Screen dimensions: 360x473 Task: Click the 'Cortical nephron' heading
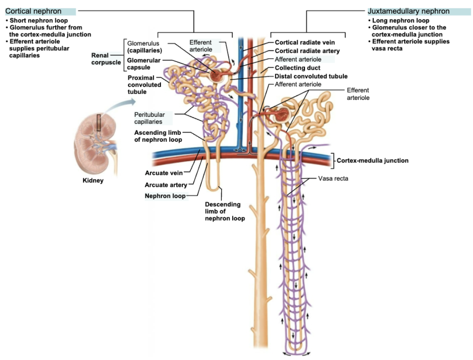coord(33,11)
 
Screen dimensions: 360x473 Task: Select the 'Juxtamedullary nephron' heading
coord(409,11)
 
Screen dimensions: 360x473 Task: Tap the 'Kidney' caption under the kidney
coord(93,180)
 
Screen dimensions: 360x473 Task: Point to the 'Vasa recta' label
coord(333,178)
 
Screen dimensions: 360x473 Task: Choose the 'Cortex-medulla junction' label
coord(372,160)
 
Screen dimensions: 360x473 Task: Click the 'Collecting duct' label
coord(297,68)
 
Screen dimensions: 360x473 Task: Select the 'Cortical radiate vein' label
coord(305,43)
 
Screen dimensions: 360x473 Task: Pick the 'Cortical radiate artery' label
coord(307,51)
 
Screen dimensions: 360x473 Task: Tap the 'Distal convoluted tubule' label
coord(311,76)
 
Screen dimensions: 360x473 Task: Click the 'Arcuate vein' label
coord(163,173)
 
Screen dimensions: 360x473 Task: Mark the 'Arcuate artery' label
coord(166,185)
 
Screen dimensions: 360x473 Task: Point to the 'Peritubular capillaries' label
coord(149,118)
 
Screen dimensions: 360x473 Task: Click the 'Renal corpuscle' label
coord(106,59)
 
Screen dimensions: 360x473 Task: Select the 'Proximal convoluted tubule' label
coord(144,85)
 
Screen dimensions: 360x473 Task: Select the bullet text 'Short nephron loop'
coord(39,20)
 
